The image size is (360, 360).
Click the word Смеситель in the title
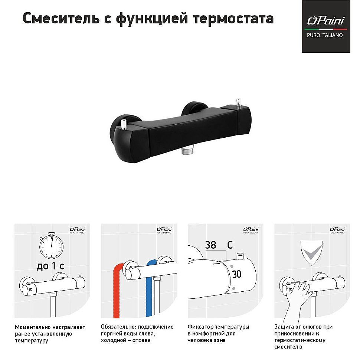coord(61,18)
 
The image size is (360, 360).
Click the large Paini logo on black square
coord(326,20)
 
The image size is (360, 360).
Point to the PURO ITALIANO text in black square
coord(325,35)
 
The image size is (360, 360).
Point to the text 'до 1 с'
coord(50,266)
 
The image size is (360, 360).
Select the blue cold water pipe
coord(150,289)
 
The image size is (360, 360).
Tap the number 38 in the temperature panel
coord(210,245)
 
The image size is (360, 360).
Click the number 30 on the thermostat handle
coord(237,274)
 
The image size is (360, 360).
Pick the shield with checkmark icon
coord(311,253)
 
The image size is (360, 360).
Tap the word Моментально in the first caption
coord(32,327)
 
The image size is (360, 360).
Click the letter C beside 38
coord(230,245)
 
